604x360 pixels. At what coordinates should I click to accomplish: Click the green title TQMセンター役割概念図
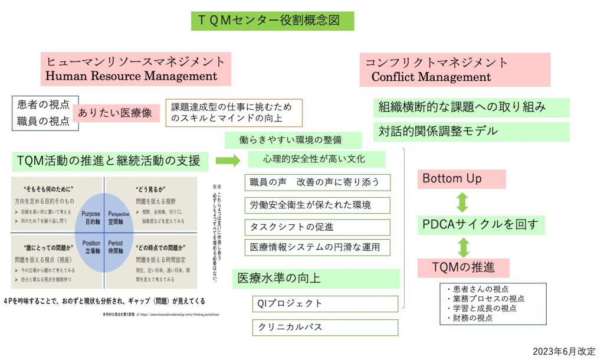coord(273,21)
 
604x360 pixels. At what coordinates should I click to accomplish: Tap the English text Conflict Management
coord(431,77)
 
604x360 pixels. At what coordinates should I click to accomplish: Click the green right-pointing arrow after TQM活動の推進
coord(228,160)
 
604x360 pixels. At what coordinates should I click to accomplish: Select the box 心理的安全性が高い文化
coord(315,159)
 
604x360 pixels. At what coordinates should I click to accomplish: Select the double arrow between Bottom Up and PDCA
coord(462,201)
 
